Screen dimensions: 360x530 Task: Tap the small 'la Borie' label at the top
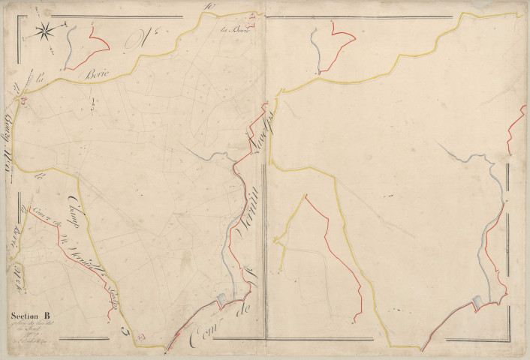(x=234, y=31)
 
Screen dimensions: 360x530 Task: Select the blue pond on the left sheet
(x=221, y=301)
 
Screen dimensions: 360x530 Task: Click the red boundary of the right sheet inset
(x=342, y=45)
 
